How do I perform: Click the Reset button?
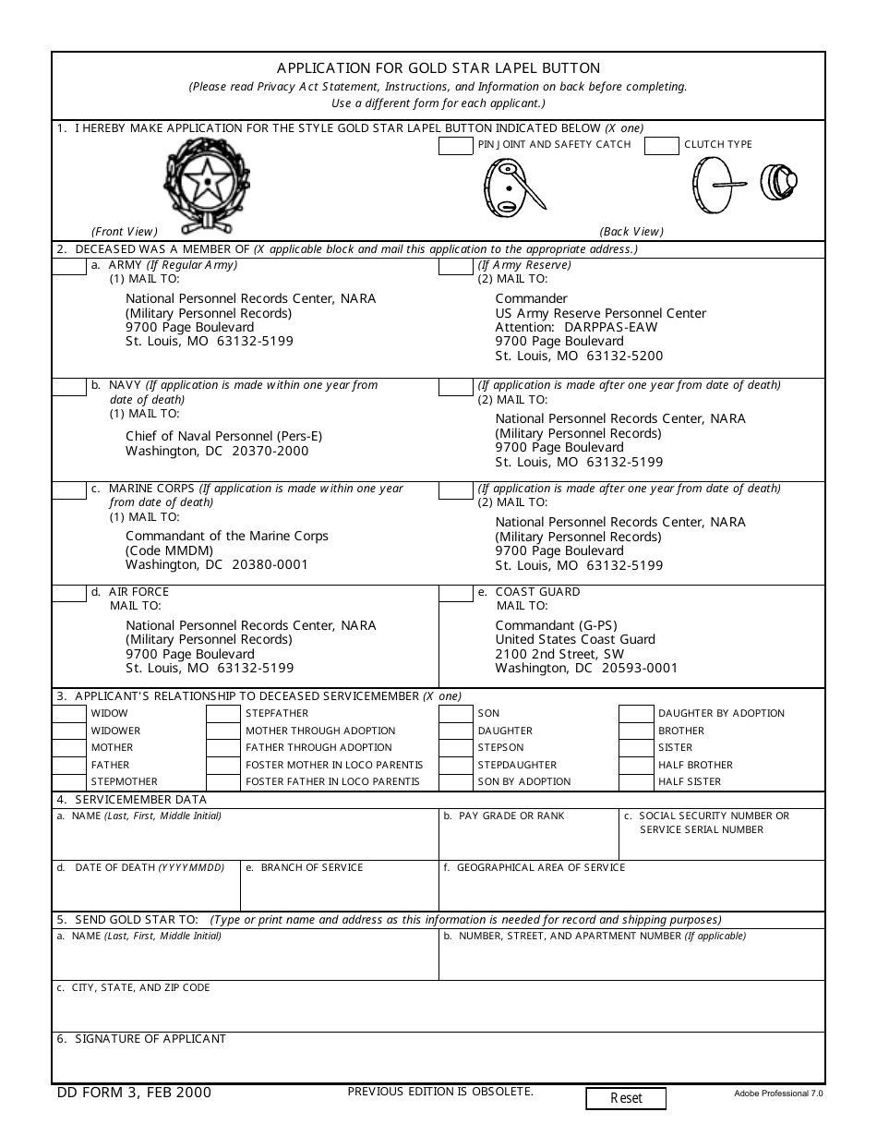[x=626, y=1098]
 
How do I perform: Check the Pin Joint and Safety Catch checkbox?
[x=456, y=145]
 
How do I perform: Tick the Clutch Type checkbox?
[x=661, y=145]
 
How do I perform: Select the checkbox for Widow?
[x=69, y=714]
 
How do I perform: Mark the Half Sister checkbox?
[x=635, y=782]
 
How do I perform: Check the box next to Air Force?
[x=69, y=593]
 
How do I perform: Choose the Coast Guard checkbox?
[x=456, y=593]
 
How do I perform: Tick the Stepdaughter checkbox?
[x=456, y=766]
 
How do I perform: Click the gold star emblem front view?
[x=207, y=183]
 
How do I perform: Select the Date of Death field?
[x=146, y=891]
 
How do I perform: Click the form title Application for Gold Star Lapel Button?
[x=438, y=68]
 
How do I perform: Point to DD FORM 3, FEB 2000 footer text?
[x=135, y=1093]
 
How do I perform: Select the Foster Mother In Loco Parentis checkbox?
[x=223, y=766]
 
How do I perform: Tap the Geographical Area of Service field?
[x=631, y=891]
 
